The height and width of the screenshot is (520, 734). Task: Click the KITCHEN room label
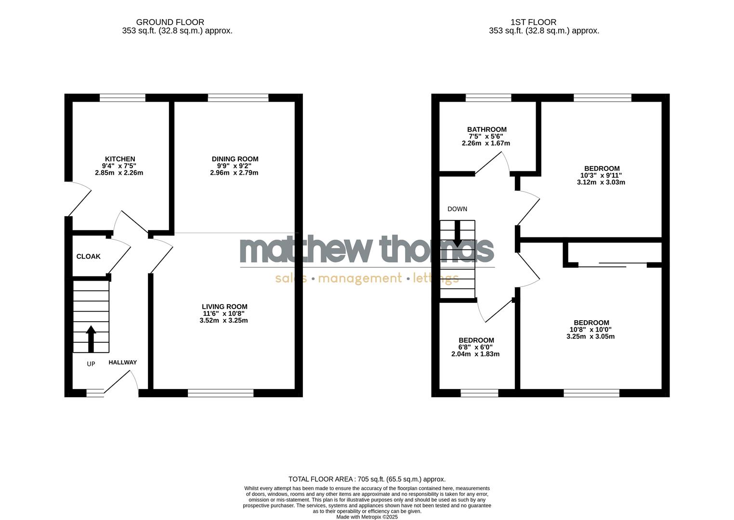click(120, 159)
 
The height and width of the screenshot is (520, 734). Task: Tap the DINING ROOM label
click(235, 159)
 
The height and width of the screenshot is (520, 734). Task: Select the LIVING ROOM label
click(224, 307)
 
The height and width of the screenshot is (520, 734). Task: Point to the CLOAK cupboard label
click(89, 257)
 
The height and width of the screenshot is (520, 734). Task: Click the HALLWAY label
click(122, 363)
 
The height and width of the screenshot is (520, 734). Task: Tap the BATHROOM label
click(486, 130)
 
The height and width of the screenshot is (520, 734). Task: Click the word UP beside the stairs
click(91, 364)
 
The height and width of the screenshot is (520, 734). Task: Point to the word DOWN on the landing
click(457, 209)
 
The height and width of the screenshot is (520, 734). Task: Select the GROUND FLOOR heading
click(170, 22)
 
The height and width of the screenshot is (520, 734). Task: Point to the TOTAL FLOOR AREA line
click(367, 479)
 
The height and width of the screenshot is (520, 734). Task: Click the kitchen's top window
click(122, 98)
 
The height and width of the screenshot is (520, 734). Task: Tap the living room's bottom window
click(221, 393)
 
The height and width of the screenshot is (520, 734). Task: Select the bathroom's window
click(488, 98)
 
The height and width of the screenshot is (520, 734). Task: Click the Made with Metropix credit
click(367, 517)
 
